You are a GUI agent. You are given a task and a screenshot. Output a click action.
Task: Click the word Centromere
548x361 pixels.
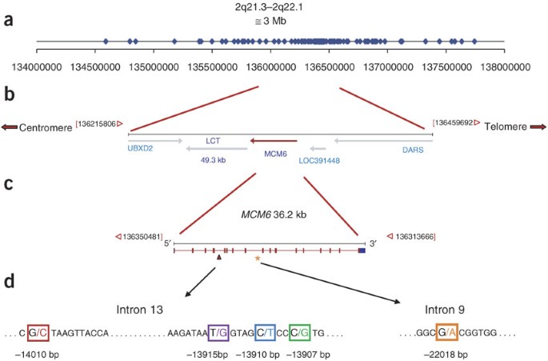tap(46, 127)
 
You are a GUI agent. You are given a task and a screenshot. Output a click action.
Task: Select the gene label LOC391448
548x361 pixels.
tap(319, 159)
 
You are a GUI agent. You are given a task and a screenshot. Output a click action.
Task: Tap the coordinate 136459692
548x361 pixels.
tap(455, 122)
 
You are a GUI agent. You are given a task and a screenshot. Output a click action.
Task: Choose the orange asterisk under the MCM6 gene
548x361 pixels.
tap(257, 259)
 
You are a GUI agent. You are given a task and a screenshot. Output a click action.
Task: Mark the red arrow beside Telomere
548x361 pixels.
tap(534, 126)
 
